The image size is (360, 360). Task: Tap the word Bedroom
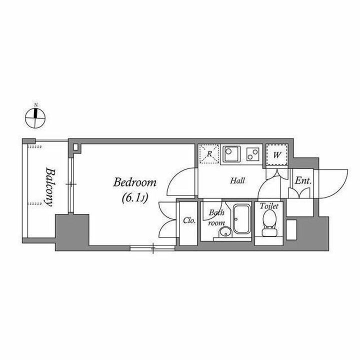point(135,182)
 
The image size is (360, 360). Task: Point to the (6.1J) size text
point(135,197)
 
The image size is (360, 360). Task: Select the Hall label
point(237,180)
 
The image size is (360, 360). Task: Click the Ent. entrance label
point(303,181)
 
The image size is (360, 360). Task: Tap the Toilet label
point(269,206)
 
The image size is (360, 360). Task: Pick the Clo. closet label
point(189,221)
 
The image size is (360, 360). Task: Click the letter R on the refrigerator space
point(209,153)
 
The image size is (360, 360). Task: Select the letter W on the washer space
point(277,155)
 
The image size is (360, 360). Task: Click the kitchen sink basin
point(232,153)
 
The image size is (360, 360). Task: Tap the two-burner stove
point(253,154)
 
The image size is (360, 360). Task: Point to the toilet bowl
point(270,223)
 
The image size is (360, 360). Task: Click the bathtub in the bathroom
point(242,219)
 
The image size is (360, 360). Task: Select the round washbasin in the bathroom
point(225,232)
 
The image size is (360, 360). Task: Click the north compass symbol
point(35,118)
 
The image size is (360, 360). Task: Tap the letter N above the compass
point(36,105)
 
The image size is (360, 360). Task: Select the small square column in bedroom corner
point(76,147)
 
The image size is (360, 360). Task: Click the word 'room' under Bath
point(216,222)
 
